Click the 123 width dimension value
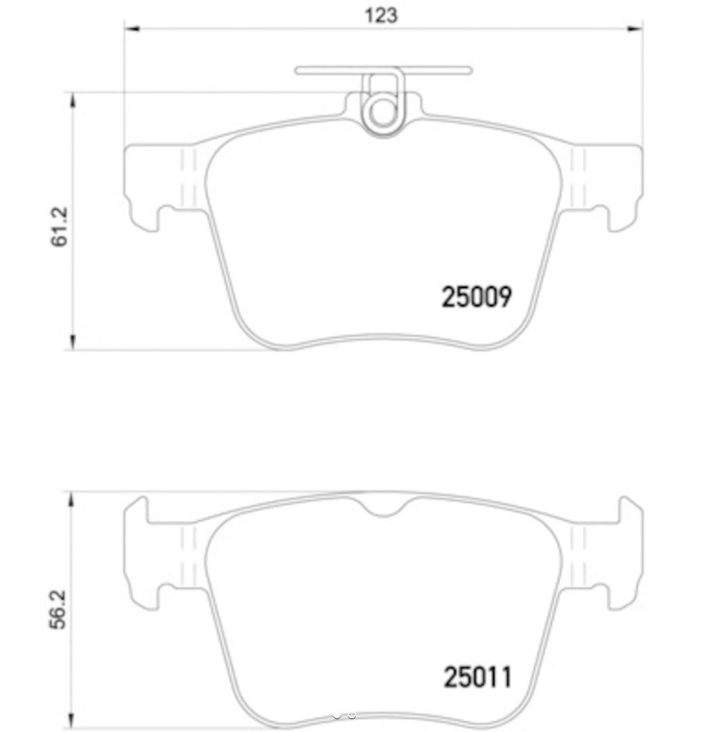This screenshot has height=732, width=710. [x=381, y=15]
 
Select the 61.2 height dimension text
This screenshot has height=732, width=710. [x=60, y=227]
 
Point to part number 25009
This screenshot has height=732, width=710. [x=476, y=297]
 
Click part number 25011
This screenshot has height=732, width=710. [x=477, y=676]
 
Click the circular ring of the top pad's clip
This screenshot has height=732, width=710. [x=383, y=113]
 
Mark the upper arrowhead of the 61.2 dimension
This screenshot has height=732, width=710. [x=73, y=100]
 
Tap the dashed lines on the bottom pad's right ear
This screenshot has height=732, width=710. [x=578, y=556]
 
